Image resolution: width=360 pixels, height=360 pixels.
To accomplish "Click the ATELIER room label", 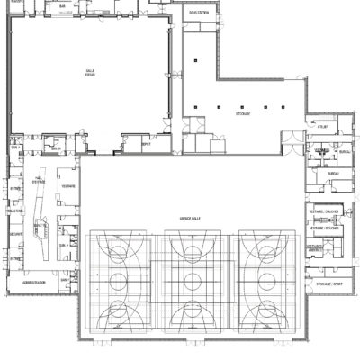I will pos(321,127).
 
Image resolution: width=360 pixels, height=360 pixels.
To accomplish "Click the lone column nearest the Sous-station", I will pos(194,61).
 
